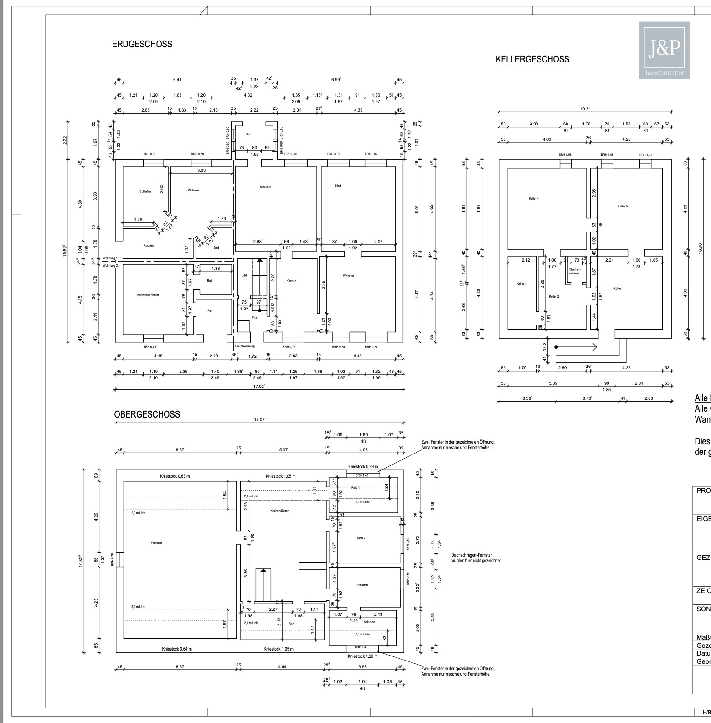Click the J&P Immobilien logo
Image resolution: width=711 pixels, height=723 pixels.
[x=664, y=50]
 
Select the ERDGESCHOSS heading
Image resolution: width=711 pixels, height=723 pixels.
[x=142, y=44]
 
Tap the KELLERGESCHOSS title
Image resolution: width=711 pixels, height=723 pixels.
[x=532, y=59]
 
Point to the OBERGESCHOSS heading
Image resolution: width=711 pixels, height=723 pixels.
[x=147, y=414]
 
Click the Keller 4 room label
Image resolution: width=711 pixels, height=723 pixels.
[x=534, y=198]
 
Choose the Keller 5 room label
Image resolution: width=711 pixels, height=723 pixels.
[x=623, y=206]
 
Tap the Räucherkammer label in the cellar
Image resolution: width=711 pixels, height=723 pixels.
[x=574, y=271]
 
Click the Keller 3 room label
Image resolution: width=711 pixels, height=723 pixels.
[x=521, y=284]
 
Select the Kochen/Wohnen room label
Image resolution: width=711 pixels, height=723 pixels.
[x=148, y=295]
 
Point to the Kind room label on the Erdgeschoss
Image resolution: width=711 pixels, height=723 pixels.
[x=338, y=186]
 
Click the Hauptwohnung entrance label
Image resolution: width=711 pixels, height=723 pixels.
[x=245, y=346]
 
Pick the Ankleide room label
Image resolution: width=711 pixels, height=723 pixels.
[x=369, y=622]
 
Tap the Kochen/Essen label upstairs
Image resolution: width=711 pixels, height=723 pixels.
[x=279, y=511]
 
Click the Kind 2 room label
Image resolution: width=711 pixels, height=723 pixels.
[x=361, y=538]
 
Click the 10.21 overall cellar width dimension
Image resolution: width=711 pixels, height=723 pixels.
[x=585, y=109]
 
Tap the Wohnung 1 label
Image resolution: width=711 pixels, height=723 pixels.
[x=110, y=258]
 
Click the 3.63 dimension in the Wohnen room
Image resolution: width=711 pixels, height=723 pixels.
[x=201, y=170]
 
